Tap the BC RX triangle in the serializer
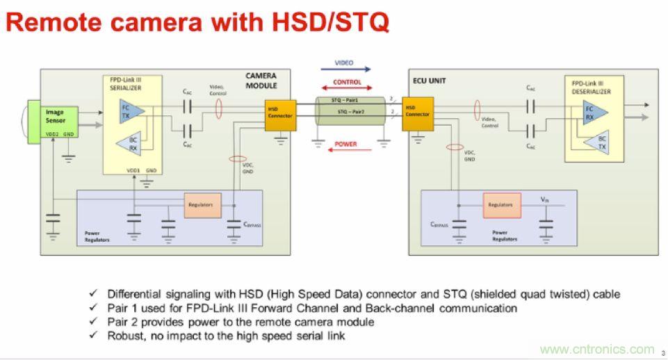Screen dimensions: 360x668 [132, 143]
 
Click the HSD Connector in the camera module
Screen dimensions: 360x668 [279, 113]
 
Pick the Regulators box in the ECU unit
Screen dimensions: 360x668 [500, 204]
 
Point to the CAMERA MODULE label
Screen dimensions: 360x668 [261, 81]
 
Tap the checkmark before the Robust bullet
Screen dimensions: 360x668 [92, 336]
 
